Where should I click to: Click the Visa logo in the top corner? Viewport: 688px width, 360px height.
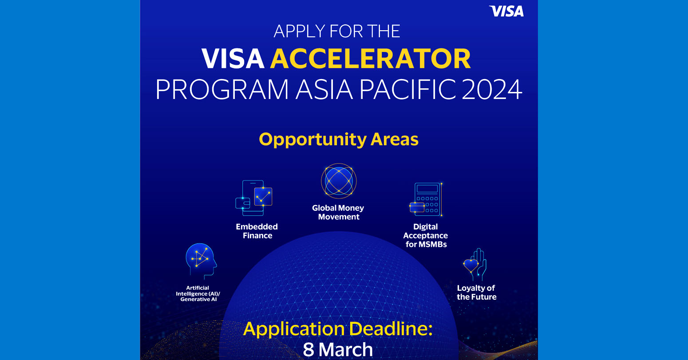pos(506,12)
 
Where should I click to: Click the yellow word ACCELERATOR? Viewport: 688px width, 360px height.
pos(371,58)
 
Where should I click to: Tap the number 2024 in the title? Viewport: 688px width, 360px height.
pos(491,89)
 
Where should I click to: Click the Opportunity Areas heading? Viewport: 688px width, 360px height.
pos(339,139)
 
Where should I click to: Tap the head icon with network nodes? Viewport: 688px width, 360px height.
pos(201,260)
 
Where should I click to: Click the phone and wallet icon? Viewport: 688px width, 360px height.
pos(254,198)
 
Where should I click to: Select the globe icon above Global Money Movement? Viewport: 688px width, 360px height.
pos(339,181)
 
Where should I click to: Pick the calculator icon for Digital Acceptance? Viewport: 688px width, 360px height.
pos(426,199)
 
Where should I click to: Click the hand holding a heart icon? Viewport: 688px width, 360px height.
pos(475,265)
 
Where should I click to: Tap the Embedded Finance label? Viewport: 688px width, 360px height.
pos(257,231)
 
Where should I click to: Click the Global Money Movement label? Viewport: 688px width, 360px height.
pos(338,212)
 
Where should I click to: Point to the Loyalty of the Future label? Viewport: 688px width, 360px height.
pos(476,293)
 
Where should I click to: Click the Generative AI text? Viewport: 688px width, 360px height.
pos(198,299)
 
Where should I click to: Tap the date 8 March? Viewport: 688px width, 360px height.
pos(338,349)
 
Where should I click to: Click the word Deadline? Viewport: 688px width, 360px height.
pos(391,328)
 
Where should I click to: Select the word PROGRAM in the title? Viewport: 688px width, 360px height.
pos(222,89)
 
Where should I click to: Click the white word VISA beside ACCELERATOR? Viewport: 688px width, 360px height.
pos(233,58)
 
